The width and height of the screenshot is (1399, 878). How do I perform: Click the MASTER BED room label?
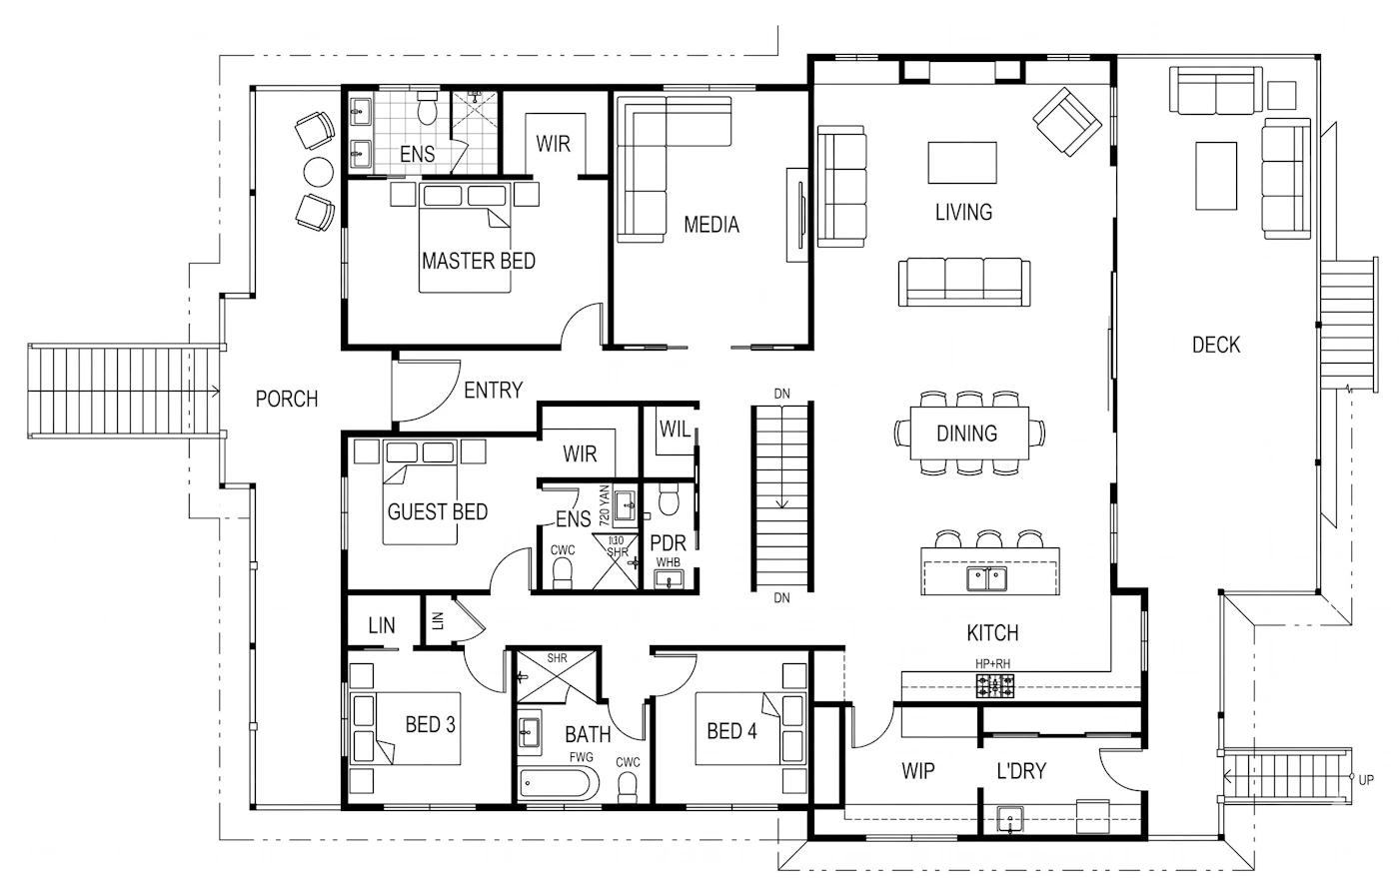pos(479,261)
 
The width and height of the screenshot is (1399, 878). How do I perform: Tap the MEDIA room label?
pos(711,225)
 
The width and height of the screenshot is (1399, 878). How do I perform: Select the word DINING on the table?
pos(967,434)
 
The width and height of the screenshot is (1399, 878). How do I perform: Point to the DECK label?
pos(1216,345)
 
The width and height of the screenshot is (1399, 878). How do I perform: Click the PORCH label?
pos(287,399)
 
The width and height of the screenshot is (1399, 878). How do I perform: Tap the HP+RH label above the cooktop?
pos(992,664)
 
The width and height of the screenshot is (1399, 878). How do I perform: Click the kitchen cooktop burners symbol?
pos(995,685)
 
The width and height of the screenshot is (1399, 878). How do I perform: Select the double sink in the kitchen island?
pos(987,579)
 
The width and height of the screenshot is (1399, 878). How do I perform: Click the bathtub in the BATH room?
pos(559,783)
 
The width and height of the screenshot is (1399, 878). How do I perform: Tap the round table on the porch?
pos(318,171)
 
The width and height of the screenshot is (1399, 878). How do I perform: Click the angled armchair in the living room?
pos(1067,122)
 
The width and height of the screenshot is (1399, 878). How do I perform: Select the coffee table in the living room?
pos(961,163)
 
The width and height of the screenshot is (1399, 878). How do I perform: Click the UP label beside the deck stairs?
pos(1366,779)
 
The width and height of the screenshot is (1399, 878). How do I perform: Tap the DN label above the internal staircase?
pos(781,394)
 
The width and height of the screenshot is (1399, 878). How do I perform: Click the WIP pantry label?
pos(918,771)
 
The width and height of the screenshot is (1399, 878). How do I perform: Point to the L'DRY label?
pos(1021,771)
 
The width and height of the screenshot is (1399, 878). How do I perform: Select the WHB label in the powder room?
pos(668,562)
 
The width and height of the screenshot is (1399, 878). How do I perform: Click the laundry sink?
pos(1010,819)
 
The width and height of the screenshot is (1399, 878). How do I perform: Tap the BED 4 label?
pos(731,730)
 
